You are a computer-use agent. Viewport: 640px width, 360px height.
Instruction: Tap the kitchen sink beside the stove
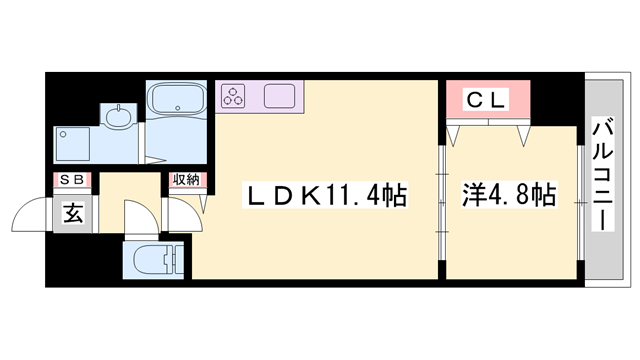pos(280,97)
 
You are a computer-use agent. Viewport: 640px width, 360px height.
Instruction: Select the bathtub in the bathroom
pos(178,101)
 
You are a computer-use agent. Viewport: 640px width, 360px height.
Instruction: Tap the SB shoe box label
pos(73,180)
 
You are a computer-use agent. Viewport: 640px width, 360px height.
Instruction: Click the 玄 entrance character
pos(73,211)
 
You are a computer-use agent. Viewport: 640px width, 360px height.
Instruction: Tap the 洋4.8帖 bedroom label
pos(510,194)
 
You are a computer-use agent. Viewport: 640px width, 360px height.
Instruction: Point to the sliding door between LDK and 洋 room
pos(441,200)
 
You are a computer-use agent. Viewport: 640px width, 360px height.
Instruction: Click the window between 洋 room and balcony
pos(582,200)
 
